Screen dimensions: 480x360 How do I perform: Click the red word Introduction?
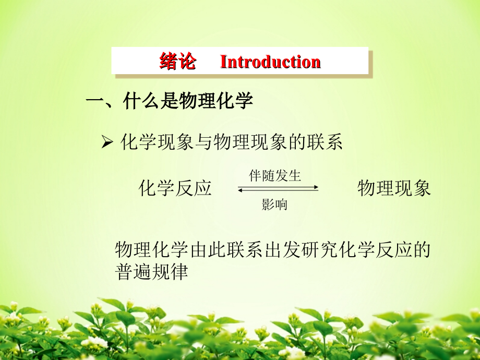coord(270,62)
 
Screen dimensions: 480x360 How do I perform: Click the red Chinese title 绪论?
coord(177,61)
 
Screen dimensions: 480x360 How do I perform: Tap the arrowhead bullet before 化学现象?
coord(107,142)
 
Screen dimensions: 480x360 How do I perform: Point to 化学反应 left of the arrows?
coord(175,188)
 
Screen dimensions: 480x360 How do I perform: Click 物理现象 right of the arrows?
coord(394,188)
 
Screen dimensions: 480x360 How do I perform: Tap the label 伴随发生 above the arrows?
coord(275,176)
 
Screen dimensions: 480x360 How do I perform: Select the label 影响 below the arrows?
coord(274,204)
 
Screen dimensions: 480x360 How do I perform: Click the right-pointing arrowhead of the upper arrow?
coord(316,187)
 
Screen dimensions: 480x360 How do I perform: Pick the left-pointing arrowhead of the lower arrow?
coord(241,190)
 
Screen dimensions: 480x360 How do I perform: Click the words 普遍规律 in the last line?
coord(151,271)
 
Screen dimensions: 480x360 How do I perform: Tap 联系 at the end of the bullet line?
coord(325,142)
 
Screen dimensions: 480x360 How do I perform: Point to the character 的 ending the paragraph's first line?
coord(422,249)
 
